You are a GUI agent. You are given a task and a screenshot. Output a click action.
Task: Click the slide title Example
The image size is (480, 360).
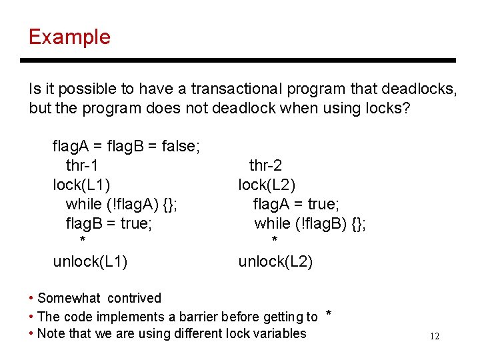click(x=69, y=37)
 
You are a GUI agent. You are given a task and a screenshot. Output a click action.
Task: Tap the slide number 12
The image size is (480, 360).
click(x=434, y=337)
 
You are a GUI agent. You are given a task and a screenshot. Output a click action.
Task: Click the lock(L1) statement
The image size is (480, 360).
click(x=82, y=184)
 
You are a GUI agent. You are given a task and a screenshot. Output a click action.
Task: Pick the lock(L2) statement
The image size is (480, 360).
click(x=267, y=184)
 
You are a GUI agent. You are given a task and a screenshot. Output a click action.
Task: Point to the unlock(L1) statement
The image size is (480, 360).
click(x=90, y=261)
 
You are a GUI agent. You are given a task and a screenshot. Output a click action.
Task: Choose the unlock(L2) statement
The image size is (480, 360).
click(x=275, y=261)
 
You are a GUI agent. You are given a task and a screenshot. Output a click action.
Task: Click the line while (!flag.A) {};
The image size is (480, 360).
click(x=121, y=203)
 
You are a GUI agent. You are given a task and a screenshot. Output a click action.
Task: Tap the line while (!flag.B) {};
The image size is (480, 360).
click(x=310, y=223)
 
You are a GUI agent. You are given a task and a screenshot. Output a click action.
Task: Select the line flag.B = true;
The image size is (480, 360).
click(x=109, y=223)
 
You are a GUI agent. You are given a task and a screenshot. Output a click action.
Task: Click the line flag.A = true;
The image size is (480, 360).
click(x=296, y=203)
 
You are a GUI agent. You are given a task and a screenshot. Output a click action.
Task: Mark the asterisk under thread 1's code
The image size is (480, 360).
click(x=82, y=240)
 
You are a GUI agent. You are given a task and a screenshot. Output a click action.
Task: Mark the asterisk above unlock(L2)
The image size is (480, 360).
click(x=274, y=240)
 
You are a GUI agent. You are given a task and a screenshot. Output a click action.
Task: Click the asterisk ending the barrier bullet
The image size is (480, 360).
click(x=328, y=314)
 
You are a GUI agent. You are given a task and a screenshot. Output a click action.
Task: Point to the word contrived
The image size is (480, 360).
click(x=134, y=298)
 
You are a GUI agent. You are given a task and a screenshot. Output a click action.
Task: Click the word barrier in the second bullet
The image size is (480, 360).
click(x=199, y=317)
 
